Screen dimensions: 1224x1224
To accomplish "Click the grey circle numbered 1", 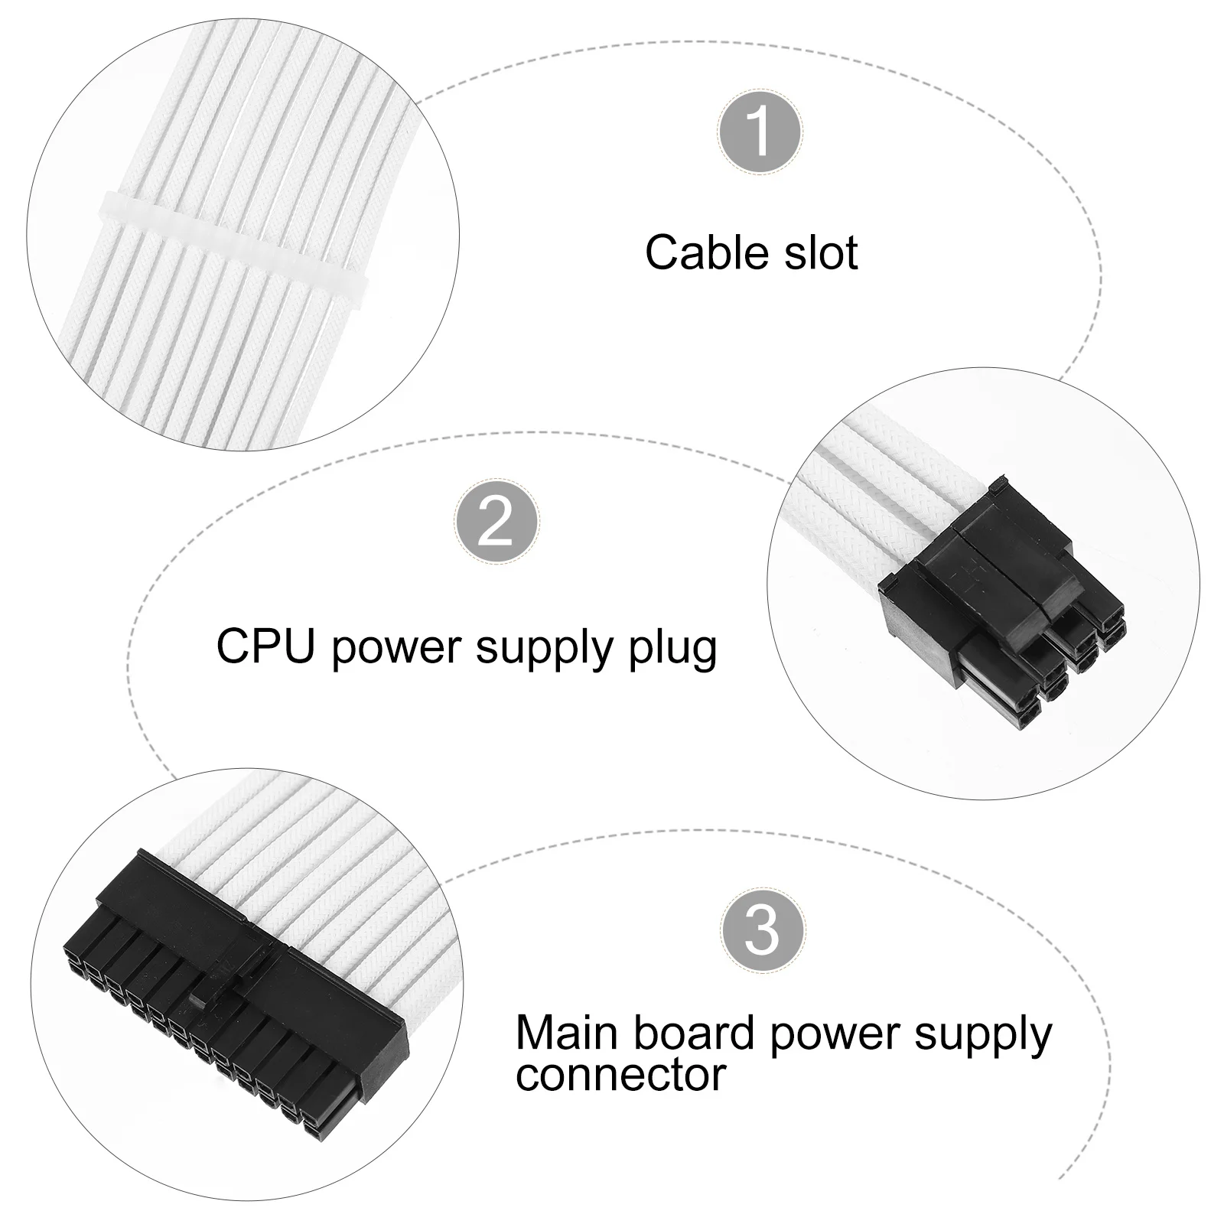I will (760, 131).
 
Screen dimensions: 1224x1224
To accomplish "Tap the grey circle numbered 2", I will (496, 523).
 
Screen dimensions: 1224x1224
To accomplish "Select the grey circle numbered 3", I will (762, 928).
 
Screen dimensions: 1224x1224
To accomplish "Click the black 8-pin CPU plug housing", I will (994, 597).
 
